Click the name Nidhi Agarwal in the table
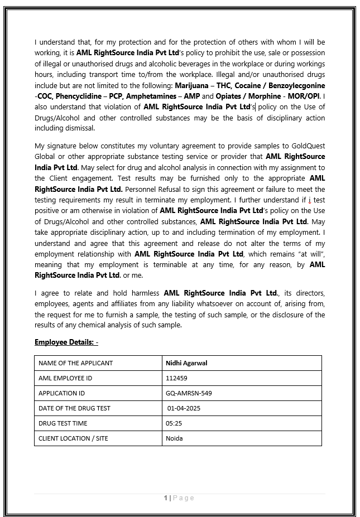tap(186, 363)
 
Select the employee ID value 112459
tap(176, 378)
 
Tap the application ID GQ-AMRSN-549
tap(189, 393)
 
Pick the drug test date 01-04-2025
tap(184, 408)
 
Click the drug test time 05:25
tap(174, 423)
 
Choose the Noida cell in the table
tap(174, 438)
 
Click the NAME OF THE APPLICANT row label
tap(75, 363)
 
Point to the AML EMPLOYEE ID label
tap(65, 378)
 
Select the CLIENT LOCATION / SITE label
tap(73, 438)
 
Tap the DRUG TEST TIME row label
tap(63, 423)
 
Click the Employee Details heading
tap(66, 342)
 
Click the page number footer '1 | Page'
tap(179, 498)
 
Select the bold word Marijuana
tap(193, 85)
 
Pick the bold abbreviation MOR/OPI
tap(301, 96)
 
